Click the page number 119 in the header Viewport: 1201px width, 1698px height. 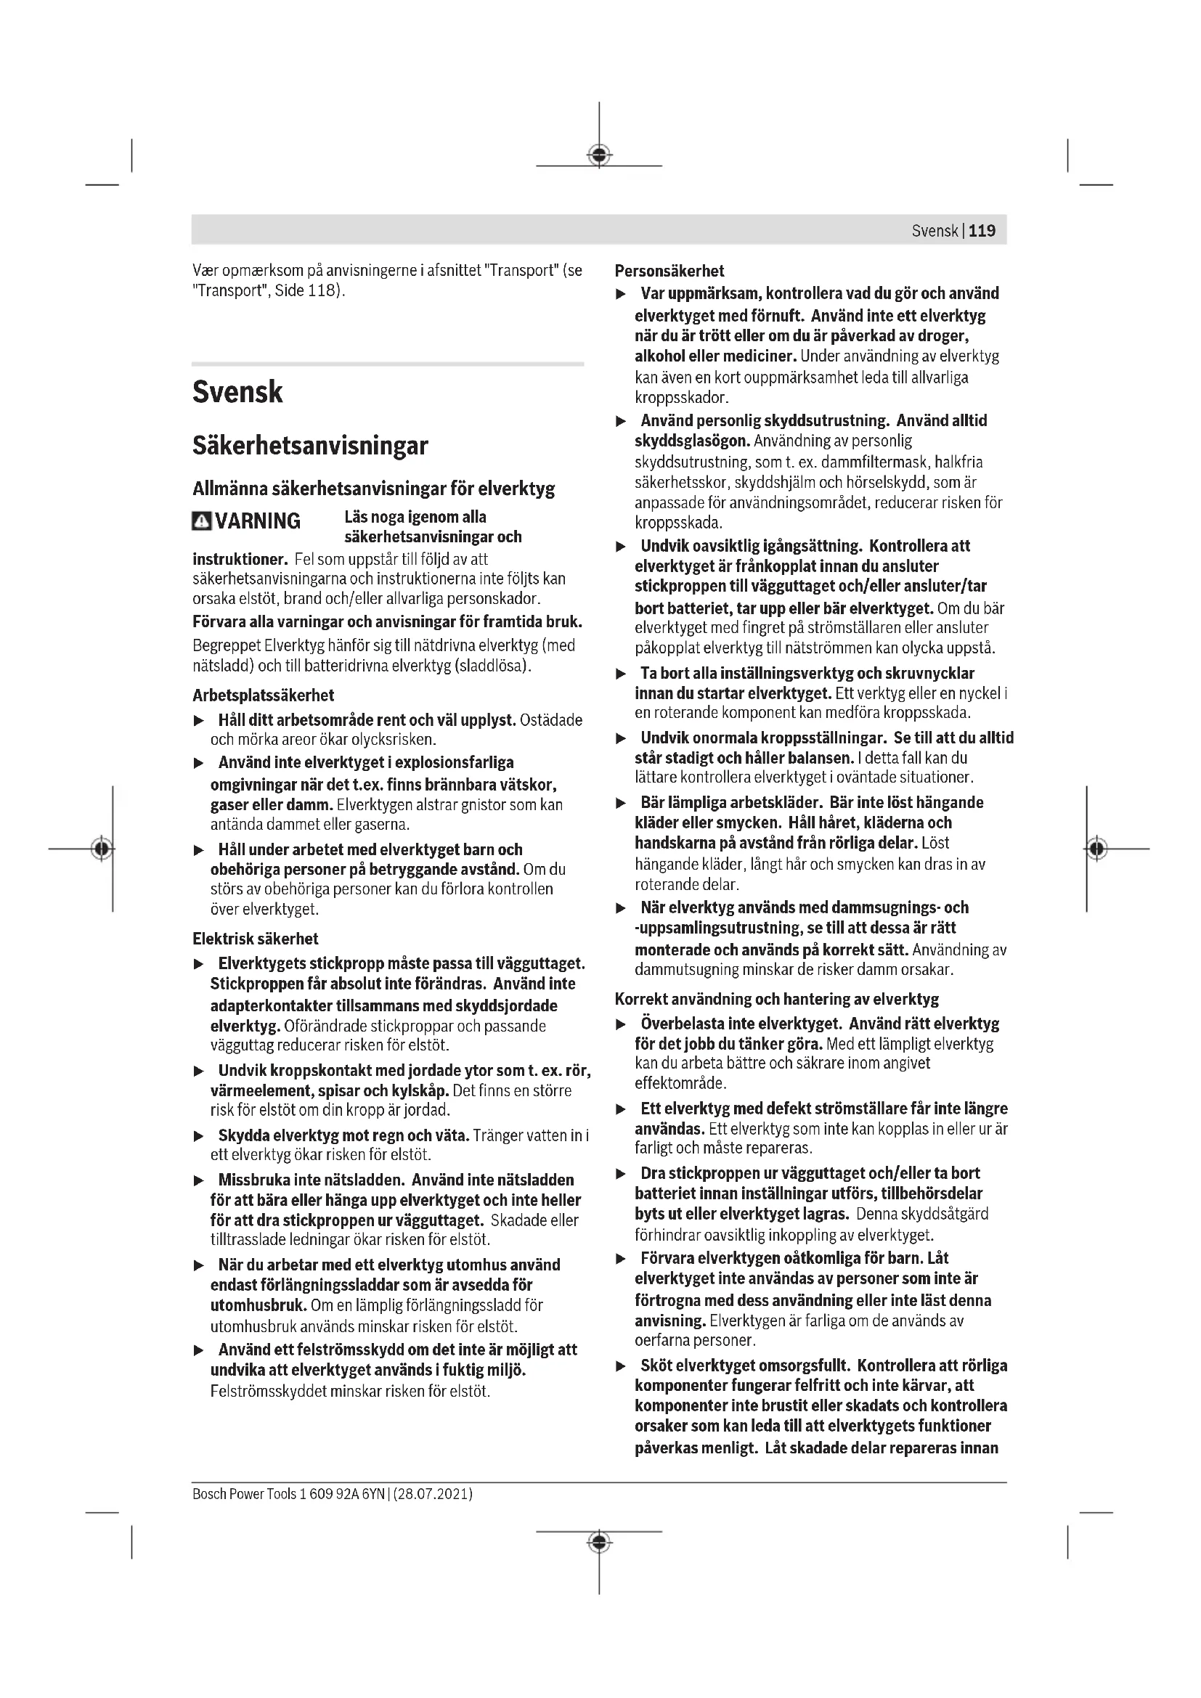tap(982, 231)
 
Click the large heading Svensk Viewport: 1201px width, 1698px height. tap(237, 392)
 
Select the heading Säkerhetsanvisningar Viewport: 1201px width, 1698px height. tap(310, 445)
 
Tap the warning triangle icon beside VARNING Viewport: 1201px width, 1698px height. tap(201, 521)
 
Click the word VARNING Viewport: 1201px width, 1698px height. tap(258, 521)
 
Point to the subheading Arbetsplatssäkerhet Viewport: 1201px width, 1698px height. tap(264, 695)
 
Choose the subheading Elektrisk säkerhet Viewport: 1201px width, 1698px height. tap(255, 939)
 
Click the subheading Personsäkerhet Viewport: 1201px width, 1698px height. tap(669, 271)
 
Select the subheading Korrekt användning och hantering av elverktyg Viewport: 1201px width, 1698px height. tap(776, 999)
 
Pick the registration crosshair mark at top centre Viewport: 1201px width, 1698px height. tap(599, 155)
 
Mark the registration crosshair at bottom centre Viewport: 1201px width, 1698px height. tap(599, 1542)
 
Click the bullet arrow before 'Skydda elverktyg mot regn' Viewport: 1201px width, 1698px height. tap(198, 1136)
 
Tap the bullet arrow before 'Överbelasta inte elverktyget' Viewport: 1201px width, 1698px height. tap(622, 1025)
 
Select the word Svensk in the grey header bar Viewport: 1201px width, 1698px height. tap(935, 231)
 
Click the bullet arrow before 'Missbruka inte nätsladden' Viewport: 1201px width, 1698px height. tap(198, 1180)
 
